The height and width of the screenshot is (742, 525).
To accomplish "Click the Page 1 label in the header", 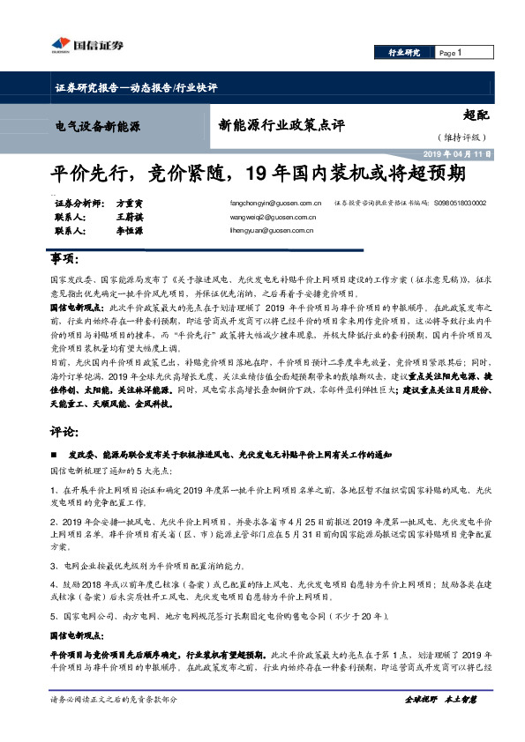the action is (450, 53).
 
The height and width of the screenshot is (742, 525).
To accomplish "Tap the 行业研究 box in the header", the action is (405, 53).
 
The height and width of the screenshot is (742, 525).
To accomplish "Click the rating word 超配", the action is (476, 115).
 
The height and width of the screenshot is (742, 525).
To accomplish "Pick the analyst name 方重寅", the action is (130, 202).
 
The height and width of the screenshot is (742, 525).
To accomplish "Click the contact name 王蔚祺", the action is (129, 216).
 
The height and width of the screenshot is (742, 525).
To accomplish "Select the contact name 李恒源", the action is (129, 230).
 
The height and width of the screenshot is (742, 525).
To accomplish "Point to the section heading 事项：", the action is (64, 263).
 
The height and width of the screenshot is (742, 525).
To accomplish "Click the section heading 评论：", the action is (64, 434).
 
